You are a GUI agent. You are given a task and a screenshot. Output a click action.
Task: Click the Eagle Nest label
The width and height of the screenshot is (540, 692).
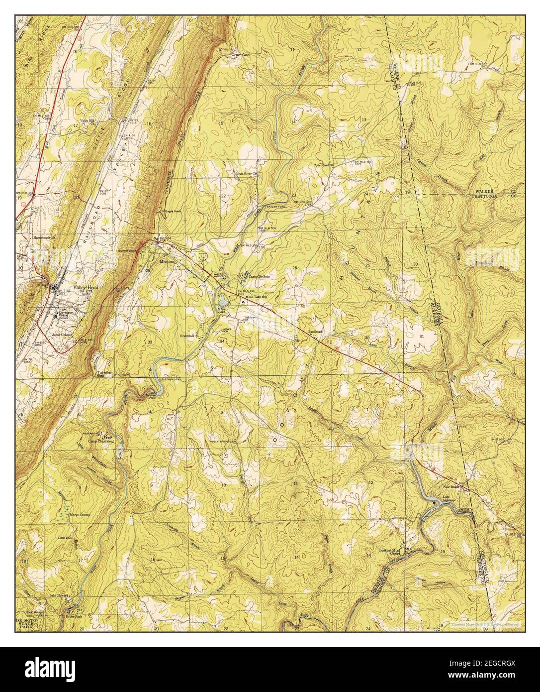click(174, 212)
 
